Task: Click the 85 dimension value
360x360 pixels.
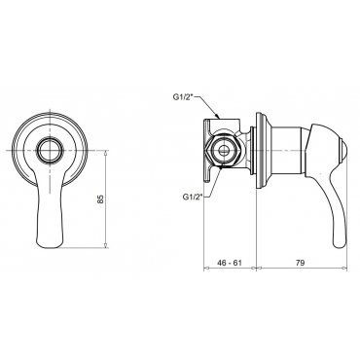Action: [101, 198]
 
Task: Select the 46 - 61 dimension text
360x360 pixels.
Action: [230, 263]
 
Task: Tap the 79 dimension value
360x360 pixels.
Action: [301, 263]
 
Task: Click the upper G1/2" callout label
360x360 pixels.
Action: [184, 96]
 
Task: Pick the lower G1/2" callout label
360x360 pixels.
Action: [194, 197]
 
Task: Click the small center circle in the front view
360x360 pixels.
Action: [50, 151]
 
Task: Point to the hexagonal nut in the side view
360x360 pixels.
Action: [223, 151]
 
